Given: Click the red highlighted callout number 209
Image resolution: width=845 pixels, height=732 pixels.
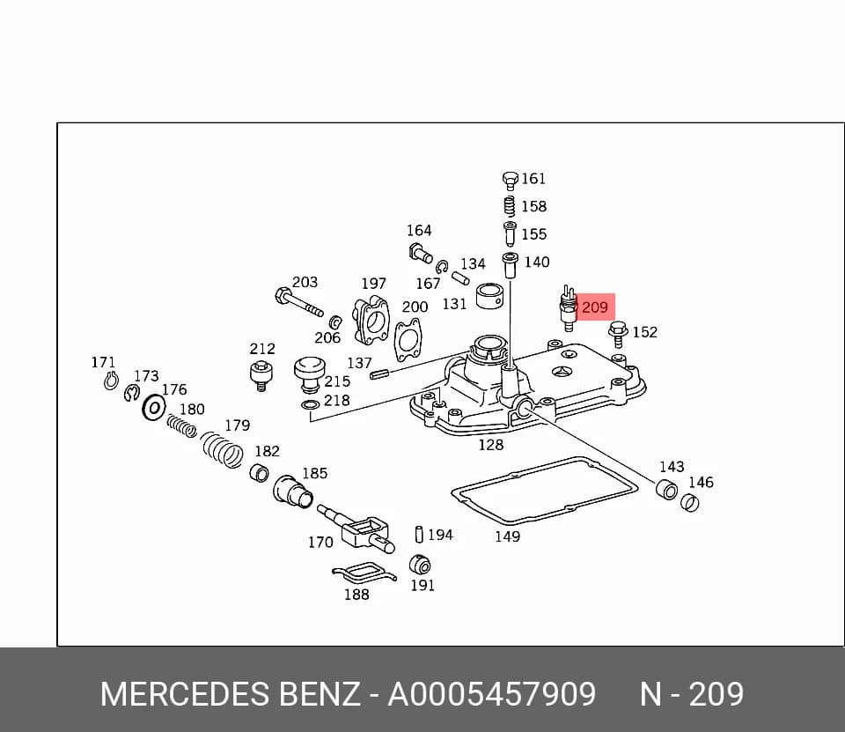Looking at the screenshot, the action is [x=595, y=307].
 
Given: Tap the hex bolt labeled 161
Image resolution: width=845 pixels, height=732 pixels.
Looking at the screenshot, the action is [x=510, y=181].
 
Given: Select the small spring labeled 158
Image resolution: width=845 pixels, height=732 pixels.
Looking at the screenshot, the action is [x=509, y=207].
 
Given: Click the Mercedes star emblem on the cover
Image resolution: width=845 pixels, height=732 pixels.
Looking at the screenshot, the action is [x=563, y=373].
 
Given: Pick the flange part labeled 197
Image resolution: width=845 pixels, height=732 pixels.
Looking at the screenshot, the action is [x=371, y=321].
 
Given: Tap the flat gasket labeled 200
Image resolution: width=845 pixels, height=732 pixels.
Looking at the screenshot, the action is [x=408, y=339].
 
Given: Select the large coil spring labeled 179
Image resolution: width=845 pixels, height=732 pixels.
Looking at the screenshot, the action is [x=222, y=449].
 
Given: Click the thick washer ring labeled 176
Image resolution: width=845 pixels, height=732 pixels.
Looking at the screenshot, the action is [x=154, y=407].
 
